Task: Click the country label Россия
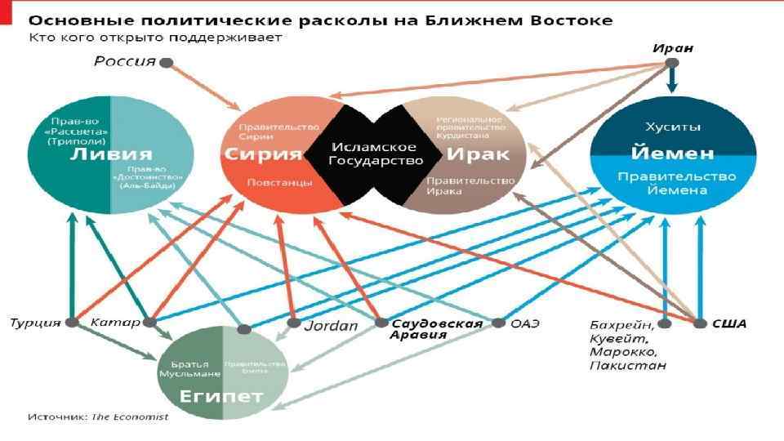point(124,61)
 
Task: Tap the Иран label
point(672,48)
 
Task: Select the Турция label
point(35,323)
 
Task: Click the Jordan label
point(331,326)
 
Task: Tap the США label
point(729,323)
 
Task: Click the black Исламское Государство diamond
point(372,154)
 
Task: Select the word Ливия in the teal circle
point(110,154)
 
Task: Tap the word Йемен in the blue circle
point(673,153)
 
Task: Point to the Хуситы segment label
point(673,128)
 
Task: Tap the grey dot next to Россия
point(167,62)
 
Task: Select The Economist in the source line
point(131,416)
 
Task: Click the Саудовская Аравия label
point(437,329)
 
